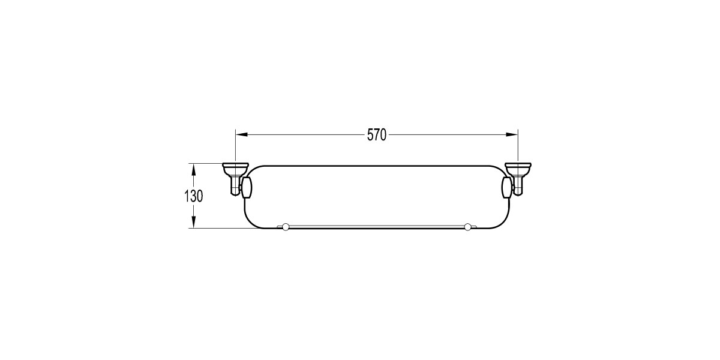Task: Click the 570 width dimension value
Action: (376, 135)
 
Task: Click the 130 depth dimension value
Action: (194, 196)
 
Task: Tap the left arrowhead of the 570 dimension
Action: (240, 134)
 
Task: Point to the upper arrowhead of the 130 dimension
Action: (193, 169)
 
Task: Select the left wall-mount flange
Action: (235, 166)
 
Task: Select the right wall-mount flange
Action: (518, 166)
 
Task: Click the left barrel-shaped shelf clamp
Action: (247, 187)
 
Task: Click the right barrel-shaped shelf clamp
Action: (507, 187)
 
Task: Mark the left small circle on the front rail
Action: (286, 227)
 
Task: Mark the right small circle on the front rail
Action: (467, 227)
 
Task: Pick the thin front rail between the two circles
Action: (377, 226)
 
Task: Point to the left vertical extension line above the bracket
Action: (235, 147)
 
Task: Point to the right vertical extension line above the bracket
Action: (518, 147)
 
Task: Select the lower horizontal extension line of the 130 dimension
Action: (219, 228)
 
